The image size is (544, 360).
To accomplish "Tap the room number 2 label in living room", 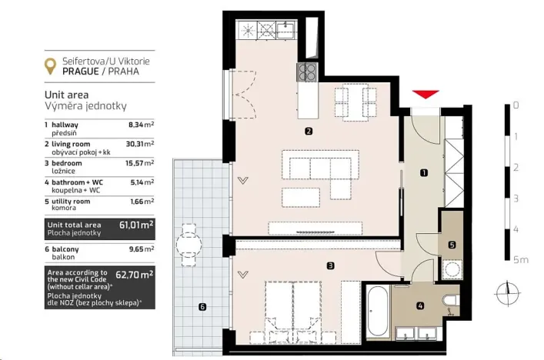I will tap(308, 131).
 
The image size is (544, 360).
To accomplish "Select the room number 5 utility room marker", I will tap(452, 245).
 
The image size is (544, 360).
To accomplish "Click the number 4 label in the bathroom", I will tap(419, 306).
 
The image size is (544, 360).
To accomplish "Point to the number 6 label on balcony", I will tap(202, 307).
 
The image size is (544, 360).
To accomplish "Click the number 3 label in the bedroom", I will tap(329, 266).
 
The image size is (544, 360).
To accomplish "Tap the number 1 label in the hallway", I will tap(424, 174).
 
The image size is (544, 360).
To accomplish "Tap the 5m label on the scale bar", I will tap(522, 261).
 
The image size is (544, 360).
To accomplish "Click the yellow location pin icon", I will tap(51, 66).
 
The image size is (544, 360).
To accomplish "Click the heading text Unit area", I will tap(68, 95).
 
